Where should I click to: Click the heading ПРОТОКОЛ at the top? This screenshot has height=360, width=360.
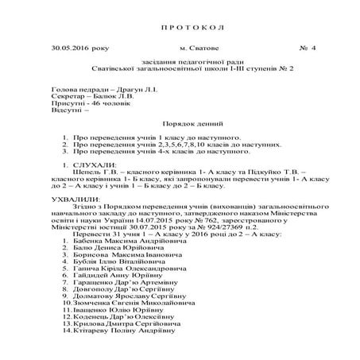point(182,28)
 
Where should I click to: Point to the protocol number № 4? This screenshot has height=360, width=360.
point(307,49)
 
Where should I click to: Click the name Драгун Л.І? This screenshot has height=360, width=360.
point(145,91)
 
